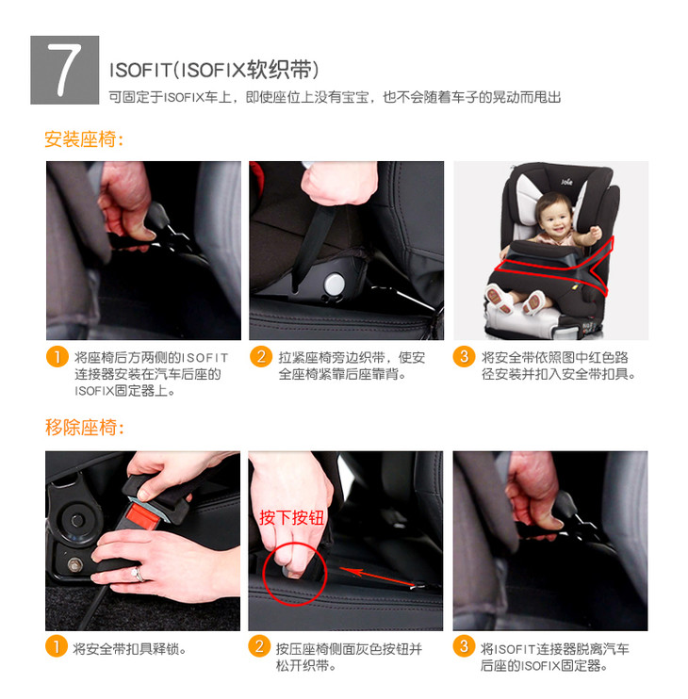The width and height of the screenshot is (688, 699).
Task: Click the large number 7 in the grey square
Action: pos(65,70)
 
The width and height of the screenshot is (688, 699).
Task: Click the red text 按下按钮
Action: pos(292,517)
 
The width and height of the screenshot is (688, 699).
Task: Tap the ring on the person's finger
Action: pos(138,575)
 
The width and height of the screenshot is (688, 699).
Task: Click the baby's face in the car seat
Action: pos(555,217)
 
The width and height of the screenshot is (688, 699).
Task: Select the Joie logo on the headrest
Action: pos(566,182)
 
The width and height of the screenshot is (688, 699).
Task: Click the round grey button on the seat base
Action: pos(334,283)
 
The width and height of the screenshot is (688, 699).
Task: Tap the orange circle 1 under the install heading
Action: pos(57,357)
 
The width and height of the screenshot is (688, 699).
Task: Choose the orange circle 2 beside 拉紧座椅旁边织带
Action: pos(261,357)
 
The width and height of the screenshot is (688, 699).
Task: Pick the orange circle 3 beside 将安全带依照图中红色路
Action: pos(465,357)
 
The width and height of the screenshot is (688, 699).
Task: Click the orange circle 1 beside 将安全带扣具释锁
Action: pos(57,646)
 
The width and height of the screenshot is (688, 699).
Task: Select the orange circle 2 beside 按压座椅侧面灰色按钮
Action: pos(259,646)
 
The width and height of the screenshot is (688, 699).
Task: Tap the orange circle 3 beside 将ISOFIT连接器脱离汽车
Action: pos(464,646)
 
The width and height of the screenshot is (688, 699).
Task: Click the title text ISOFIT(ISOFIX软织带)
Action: pos(214,70)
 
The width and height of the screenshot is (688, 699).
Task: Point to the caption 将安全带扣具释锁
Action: pos(129,649)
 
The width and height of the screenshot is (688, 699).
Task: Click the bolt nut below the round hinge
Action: pos(74,564)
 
